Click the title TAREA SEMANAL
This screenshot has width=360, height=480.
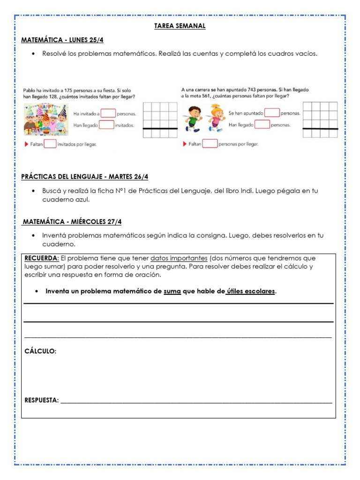[180, 26]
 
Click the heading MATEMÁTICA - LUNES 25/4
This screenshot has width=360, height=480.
[62, 40]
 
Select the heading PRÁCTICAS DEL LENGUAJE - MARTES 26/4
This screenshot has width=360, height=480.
[84, 177]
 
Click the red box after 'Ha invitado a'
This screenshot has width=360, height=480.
[108, 113]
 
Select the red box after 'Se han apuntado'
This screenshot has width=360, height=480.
[272, 113]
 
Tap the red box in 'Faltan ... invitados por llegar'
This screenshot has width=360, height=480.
[50, 144]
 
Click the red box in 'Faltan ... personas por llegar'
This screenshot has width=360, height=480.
[210, 144]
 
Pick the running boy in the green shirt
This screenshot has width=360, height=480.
[193, 119]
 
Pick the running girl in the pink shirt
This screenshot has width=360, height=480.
[215, 119]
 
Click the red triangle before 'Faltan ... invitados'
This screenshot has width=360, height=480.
[26, 144]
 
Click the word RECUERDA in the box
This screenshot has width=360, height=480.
[42, 258]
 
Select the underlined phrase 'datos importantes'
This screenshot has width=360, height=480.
[179, 258]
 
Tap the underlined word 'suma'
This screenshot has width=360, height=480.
[172, 292]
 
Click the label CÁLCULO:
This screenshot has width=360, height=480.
[40, 351]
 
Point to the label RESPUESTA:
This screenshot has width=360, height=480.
[42, 400]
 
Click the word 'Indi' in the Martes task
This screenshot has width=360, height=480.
[244, 191]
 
